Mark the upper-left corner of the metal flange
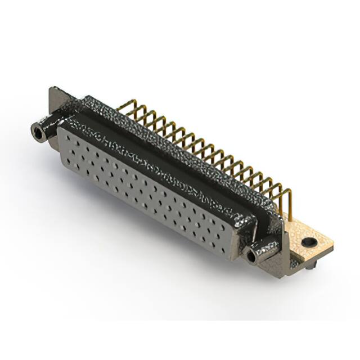[52, 89]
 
